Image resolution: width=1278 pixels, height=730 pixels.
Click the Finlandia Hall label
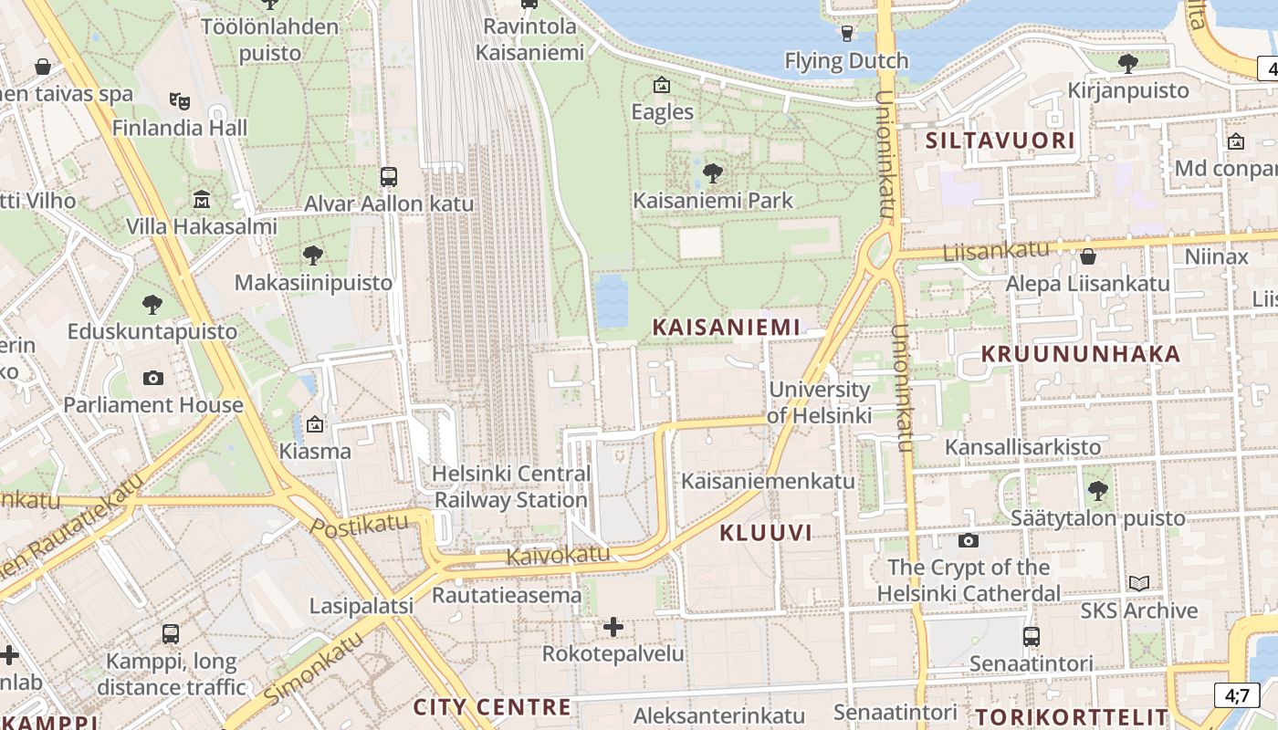point(180,128)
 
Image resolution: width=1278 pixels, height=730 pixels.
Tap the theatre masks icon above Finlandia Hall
point(179,99)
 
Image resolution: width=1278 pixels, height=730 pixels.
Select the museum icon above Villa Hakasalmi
point(202,199)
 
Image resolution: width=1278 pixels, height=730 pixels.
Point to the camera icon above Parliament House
point(153,378)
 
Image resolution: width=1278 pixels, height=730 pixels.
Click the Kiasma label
point(315,451)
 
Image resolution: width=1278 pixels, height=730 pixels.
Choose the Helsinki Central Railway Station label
point(510,487)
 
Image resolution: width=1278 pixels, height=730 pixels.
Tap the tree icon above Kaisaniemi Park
point(713,172)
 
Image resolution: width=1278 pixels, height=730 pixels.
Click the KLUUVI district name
point(765,533)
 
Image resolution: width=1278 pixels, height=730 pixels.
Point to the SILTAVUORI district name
point(1000,141)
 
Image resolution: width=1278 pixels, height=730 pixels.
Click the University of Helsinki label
point(819,402)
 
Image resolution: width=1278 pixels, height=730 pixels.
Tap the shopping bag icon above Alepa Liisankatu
point(1087,256)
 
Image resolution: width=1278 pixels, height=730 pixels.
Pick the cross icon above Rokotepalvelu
point(613,627)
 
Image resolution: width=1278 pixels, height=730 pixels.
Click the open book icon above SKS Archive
point(1139,583)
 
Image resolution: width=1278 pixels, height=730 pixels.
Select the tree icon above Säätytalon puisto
point(1098,491)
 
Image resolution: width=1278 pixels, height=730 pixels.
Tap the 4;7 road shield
point(1237,694)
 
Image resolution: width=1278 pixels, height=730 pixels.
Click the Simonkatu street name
point(314,667)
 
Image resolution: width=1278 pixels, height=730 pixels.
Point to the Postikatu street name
point(359,527)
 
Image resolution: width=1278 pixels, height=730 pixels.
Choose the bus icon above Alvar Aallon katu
point(389,176)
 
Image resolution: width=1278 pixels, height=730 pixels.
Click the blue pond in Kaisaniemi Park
point(612,300)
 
